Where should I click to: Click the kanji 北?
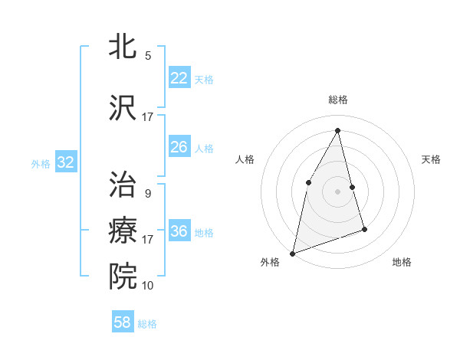coord(123,46)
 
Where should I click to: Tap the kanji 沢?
coord(123,107)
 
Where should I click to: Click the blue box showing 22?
coord(179,78)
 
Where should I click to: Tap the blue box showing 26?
coord(179,147)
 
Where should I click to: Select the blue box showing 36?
coord(179,231)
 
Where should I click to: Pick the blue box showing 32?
coord(65,162)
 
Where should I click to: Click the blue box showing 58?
coord(123,322)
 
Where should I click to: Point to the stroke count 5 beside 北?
coord(148,56)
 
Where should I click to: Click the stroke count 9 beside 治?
coord(147,194)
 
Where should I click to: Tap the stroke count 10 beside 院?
coord(147,286)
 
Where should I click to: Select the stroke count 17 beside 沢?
coord(147,117)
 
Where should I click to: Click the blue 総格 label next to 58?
coord(147,324)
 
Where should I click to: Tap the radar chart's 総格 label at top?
coord(337,100)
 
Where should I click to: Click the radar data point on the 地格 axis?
coord(365,229)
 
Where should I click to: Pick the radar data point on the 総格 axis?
coord(337,130)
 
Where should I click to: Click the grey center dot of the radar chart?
coord(337,191)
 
